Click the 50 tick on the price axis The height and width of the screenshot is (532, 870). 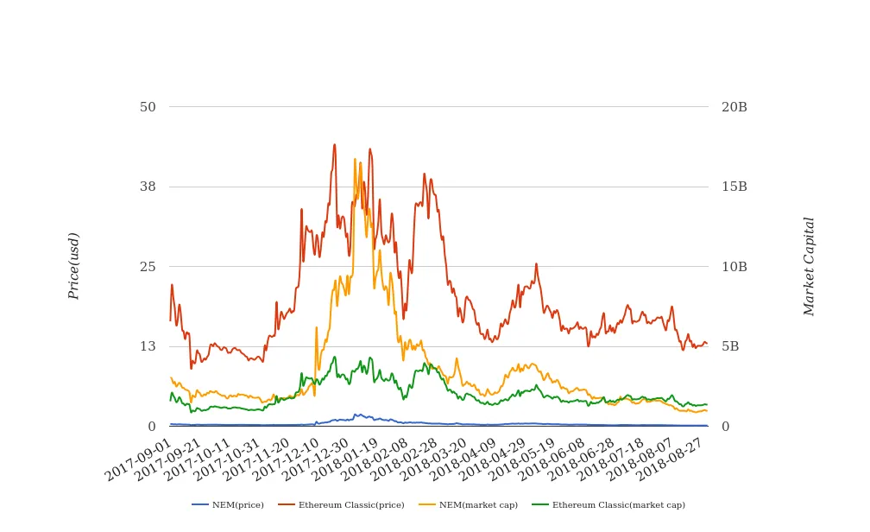148,107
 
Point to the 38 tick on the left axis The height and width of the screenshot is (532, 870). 148,187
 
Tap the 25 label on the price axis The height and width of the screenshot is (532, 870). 148,267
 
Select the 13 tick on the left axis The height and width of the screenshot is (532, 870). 148,346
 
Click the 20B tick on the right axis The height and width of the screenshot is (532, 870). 734,107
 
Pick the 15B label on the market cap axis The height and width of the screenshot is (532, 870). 734,187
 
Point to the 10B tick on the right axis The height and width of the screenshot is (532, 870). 734,267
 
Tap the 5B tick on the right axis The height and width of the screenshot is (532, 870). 731,346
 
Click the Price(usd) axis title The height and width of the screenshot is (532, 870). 74,266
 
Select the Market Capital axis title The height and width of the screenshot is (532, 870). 809,266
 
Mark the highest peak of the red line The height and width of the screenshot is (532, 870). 335,144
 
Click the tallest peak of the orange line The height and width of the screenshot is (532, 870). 355,159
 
